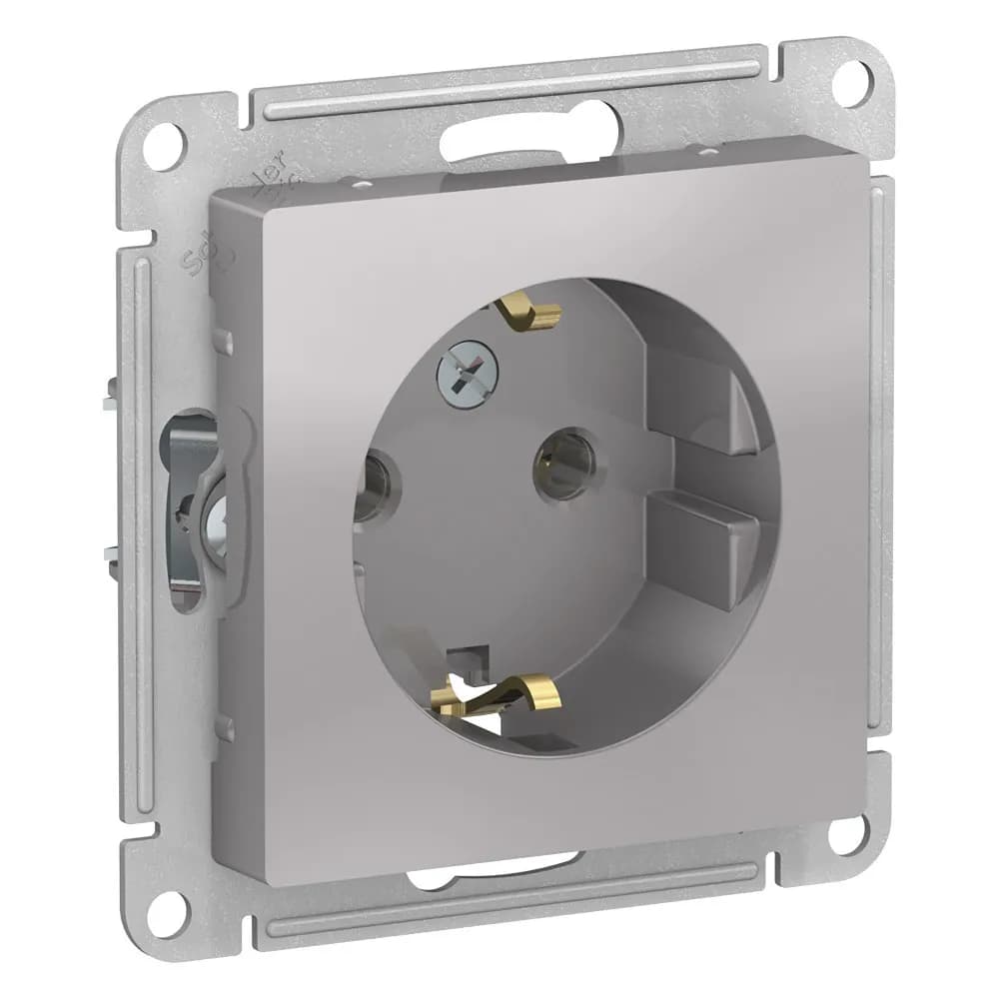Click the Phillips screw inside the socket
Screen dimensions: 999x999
[x=466, y=368]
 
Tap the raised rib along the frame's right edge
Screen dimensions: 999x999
[x=879, y=450]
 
